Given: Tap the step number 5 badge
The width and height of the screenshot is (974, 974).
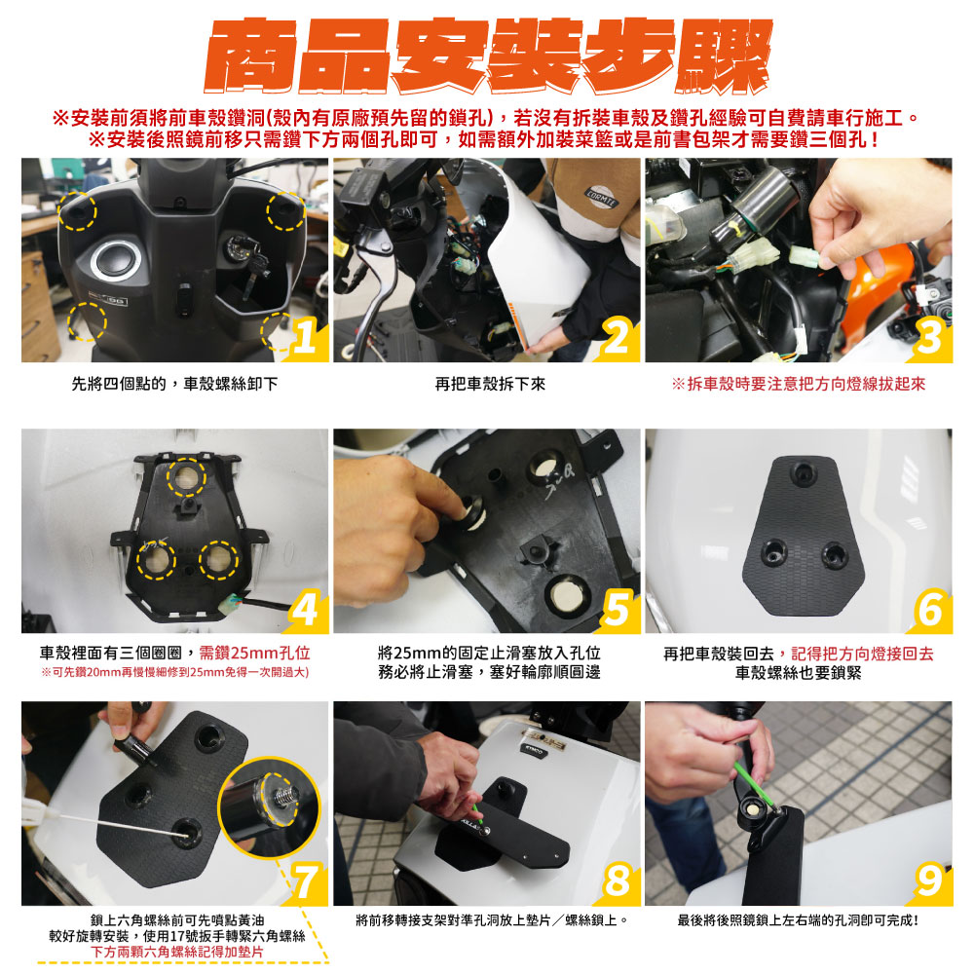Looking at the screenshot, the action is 617,609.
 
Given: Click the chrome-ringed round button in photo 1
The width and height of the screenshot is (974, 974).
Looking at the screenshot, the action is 115,260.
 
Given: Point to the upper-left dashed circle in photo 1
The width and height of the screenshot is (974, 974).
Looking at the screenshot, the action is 78,211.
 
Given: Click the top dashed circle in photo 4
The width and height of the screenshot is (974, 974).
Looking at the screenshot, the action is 186,477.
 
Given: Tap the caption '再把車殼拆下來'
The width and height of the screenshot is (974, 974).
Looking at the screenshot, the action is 490,385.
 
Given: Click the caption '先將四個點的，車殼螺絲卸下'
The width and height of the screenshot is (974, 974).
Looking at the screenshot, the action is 174,384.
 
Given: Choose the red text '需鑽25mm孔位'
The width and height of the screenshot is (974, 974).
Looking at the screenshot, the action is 254,653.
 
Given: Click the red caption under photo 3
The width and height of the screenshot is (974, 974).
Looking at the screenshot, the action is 799,384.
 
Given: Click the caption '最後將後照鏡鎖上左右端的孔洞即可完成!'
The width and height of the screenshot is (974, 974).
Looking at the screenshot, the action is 799,920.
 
